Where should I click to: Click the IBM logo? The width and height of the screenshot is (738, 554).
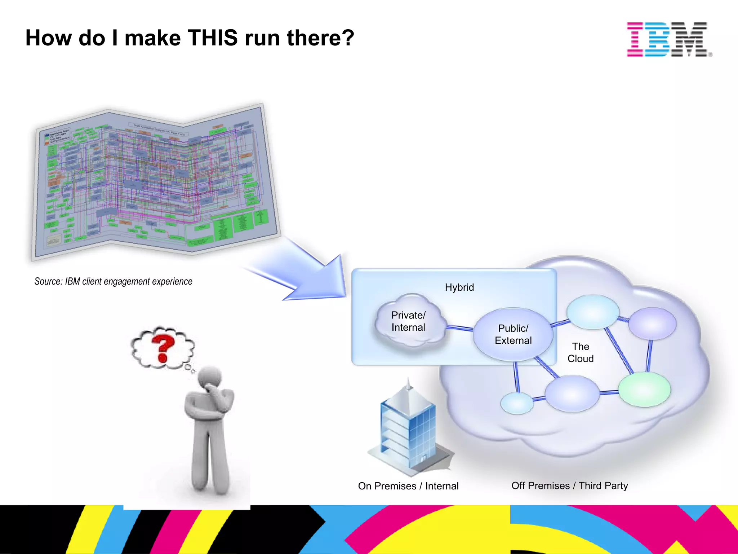pyautogui.click(x=668, y=39)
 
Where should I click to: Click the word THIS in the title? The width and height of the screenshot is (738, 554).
pyautogui.click(x=213, y=38)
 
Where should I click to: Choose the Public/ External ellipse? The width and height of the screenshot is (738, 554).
pyautogui.click(x=513, y=334)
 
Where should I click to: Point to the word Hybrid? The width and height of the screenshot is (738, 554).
pyautogui.click(x=459, y=287)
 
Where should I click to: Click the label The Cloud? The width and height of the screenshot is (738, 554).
pyautogui.click(x=581, y=352)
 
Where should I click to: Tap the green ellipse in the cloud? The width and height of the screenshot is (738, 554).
pyautogui.click(x=644, y=390)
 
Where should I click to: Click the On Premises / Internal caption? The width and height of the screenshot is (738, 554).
pyautogui.click(x=408, y=486)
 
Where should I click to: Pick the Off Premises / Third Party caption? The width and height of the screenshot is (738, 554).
pyautogui.click(x=569, y=485)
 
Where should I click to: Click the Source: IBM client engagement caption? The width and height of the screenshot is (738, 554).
pyautogui.click(x=113, y=281)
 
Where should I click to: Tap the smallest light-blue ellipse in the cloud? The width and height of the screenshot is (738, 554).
pyautogui.click(x=517, y=403)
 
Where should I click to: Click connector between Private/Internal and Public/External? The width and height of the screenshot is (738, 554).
pyautogui.click(x=459, y=327)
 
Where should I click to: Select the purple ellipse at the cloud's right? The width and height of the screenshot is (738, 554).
pyautogui.click(x=652, y=324)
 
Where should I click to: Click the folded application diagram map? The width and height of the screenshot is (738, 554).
pyautogui.click(x=155, y=180)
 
